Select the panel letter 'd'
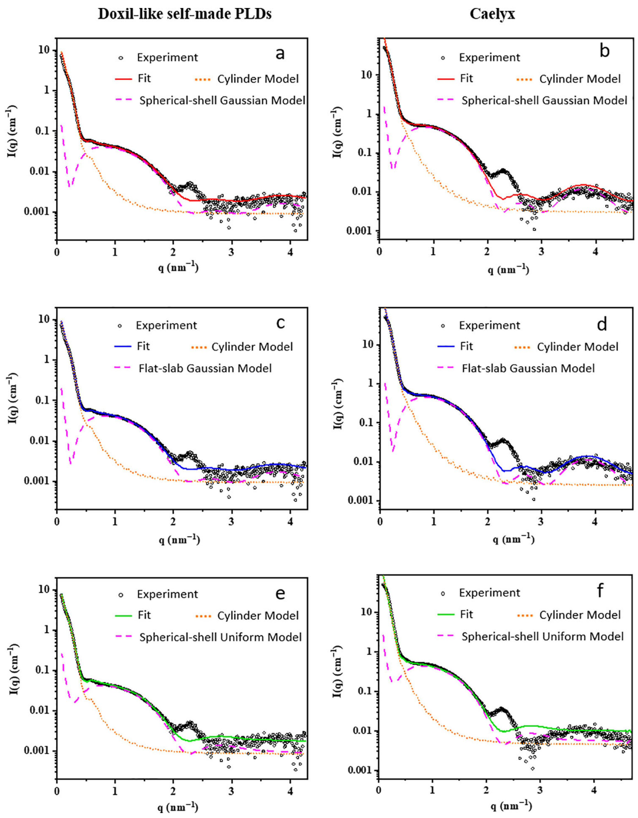tap(602, 324)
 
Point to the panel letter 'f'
tap(600, 591)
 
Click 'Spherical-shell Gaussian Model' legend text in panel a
tap(222, 100)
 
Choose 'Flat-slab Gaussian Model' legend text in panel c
tap(205, 368)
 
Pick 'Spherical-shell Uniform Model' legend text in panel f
tap(543, 636)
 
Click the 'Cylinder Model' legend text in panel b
tap(580, 79)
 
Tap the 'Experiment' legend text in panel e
tap(167, 594)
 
